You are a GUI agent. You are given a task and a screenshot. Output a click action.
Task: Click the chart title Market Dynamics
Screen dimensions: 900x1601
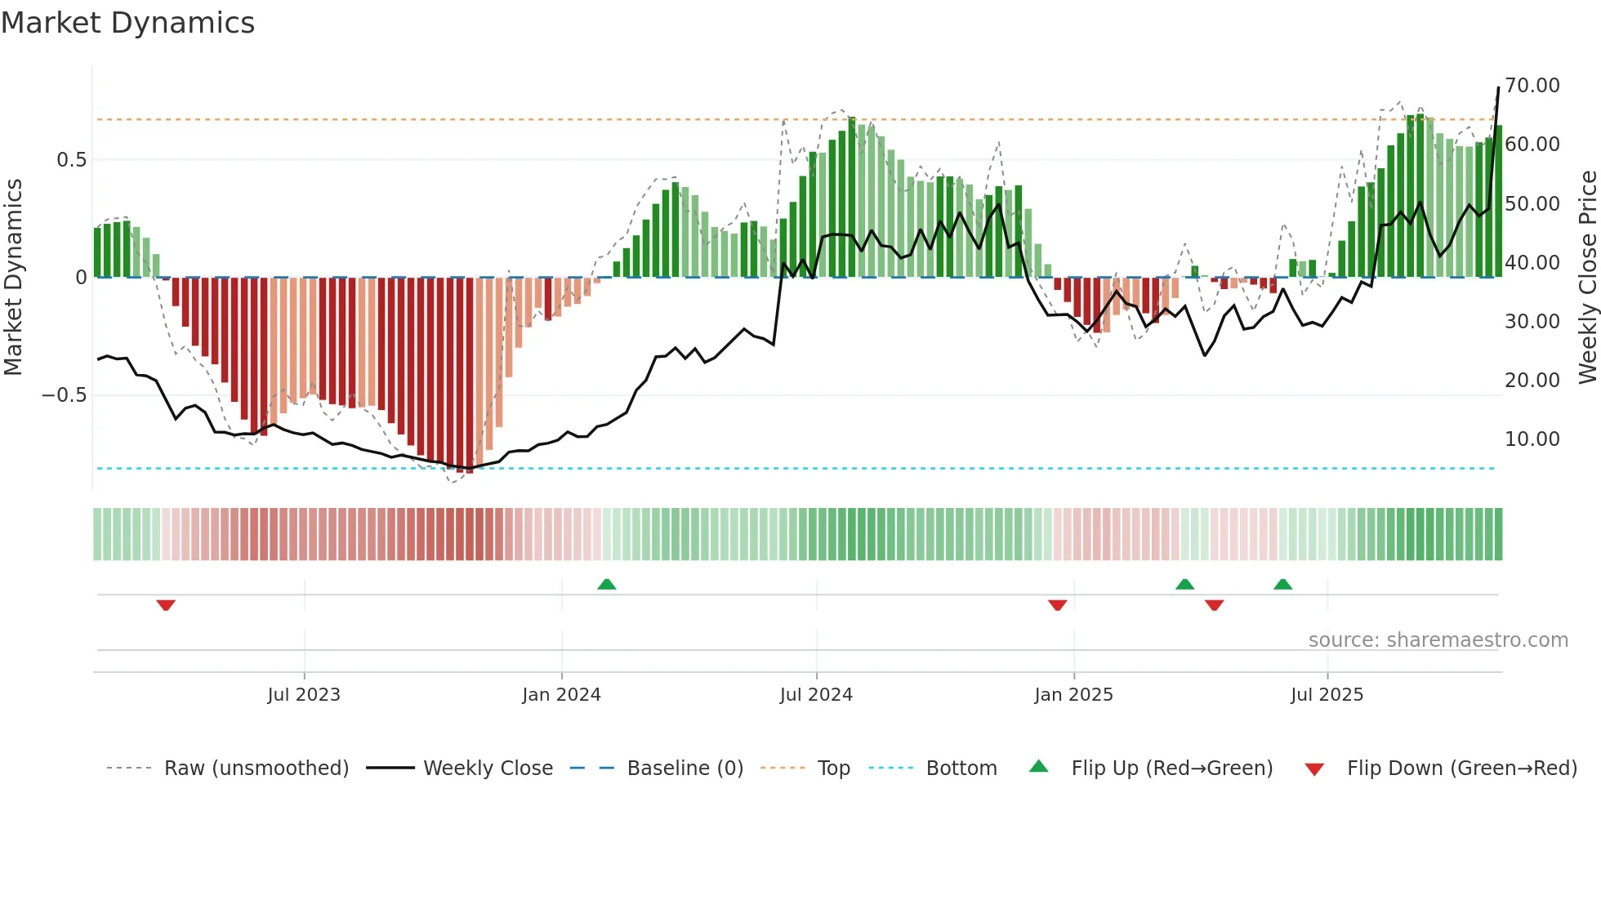[x=128, y=23]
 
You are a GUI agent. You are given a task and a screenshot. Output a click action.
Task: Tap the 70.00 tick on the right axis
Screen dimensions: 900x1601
[x=1532, y=86]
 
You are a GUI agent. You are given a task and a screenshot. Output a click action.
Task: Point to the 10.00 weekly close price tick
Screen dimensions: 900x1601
[x=1532, y=439]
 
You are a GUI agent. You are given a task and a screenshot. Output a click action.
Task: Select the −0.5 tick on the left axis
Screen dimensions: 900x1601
[x=64, y=395]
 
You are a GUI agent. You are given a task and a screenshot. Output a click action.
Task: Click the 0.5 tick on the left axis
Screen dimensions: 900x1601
[x=71, y=160]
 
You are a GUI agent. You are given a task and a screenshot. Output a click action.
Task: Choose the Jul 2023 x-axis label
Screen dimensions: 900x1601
[x=304, y=695]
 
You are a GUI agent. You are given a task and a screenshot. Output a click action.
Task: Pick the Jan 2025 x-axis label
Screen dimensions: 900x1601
[x=1073, y=695]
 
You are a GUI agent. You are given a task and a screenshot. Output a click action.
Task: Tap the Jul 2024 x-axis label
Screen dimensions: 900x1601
[x=816, y=695]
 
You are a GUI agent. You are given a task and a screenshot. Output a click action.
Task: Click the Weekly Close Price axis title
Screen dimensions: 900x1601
[x=1587, y=278]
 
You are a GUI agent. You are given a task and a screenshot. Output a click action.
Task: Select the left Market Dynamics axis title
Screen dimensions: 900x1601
[x=13, y=278]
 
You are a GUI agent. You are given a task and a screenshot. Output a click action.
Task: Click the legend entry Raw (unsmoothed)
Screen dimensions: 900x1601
[x=256, y=769]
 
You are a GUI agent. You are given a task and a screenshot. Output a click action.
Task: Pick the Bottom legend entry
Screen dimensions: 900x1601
[x=961, y=769]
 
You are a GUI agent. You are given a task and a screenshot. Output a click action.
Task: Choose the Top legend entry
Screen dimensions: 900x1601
[x=833, y=769]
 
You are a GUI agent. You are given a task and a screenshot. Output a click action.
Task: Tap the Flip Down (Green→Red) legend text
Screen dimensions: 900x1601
[x=1461, y=769]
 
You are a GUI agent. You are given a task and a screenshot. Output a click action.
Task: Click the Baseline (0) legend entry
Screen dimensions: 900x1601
[x=685, y=769]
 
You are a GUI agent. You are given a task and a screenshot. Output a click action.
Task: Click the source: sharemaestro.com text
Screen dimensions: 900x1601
[x=1438, y=640]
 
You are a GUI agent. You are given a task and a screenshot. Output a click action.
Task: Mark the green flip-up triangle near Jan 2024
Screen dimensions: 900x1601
[x=606, y=585]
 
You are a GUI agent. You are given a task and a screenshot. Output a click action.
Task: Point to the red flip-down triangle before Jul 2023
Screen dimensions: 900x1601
[x=166, y=605]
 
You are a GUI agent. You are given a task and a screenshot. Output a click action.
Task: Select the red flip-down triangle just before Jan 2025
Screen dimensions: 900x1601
[x=1057, y=605]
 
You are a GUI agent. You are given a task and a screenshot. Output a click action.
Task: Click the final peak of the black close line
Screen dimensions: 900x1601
[x=1498, y=87]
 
